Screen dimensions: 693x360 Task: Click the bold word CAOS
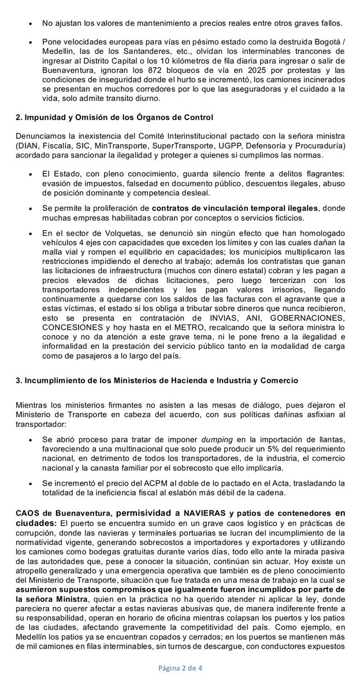point(28,513)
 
